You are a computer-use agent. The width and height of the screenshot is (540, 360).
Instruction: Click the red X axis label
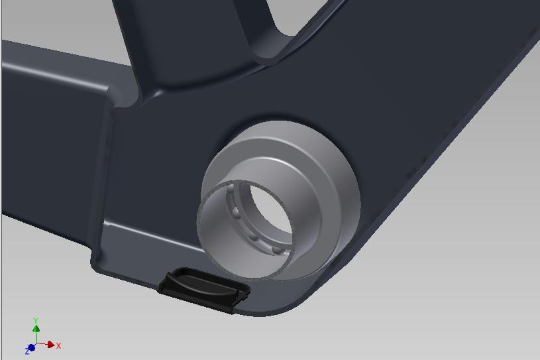59,346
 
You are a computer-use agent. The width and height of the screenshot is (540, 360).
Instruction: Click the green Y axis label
36,320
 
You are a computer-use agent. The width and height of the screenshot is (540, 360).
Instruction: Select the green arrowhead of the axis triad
36,328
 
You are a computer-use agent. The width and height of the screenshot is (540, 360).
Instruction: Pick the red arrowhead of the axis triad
50,344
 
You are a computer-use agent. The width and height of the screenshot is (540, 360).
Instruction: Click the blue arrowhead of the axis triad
31,347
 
